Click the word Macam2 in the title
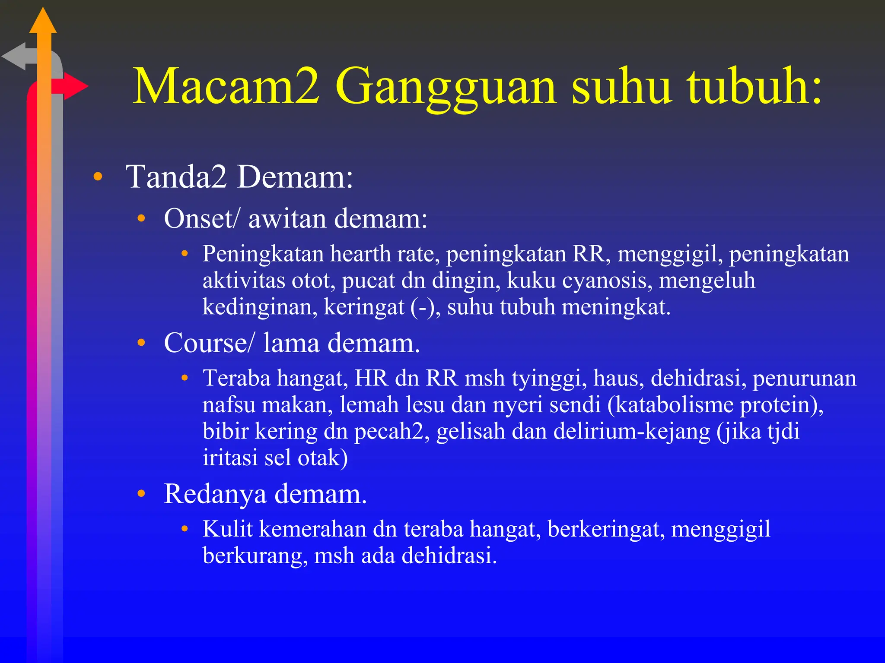(226, 86)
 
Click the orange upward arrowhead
(43, 22)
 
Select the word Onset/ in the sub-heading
(201, 218)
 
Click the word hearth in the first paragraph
(360, 254)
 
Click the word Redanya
(215, 494)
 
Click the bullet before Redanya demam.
(141, 494)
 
